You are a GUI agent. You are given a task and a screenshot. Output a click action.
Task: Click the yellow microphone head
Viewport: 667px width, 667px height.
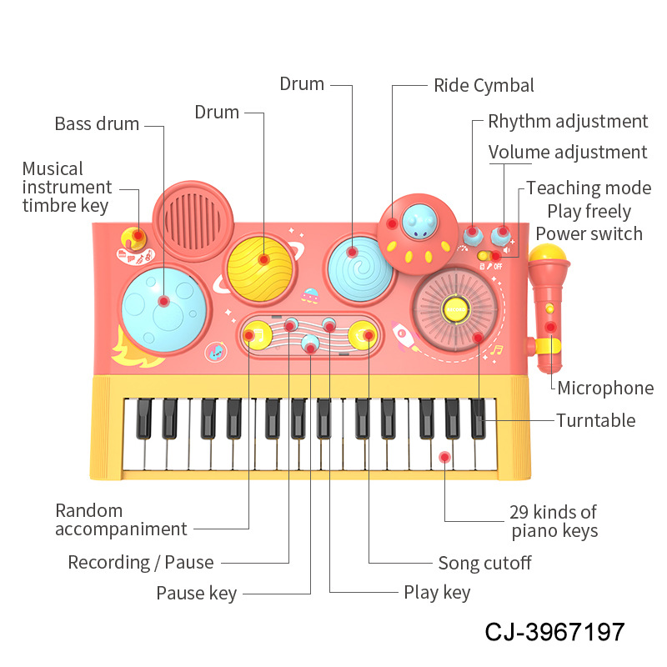coord(549,256)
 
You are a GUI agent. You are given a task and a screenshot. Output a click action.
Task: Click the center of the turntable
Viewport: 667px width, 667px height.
coord(455,310)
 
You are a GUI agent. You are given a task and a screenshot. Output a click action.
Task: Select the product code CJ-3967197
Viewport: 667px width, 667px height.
coord(554,631)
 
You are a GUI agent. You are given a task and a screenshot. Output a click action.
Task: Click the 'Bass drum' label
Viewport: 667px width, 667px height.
coord(97,124)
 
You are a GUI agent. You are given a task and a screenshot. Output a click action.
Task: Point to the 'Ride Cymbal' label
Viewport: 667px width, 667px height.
coord(484,86)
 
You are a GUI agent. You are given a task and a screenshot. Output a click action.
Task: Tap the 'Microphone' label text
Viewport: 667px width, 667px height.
coord(605,388)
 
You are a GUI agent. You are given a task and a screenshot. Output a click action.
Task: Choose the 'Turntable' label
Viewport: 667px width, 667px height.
coord(596,420)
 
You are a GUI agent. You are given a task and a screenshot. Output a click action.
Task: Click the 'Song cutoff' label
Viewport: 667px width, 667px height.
coord(484,563)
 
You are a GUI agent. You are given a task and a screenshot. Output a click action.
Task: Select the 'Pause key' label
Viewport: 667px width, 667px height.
coord(197,594)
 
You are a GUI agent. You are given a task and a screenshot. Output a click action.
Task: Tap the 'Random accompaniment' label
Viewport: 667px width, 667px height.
coord(121,519)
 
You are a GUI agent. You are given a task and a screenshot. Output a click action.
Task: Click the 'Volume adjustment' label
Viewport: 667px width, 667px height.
coord(568,153)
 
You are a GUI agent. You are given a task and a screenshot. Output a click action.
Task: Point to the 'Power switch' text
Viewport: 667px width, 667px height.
coord(589,233)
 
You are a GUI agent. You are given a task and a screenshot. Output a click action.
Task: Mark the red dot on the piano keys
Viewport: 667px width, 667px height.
coord(444,457)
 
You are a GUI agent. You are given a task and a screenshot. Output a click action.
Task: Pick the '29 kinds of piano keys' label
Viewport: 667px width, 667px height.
coord(554,521)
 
